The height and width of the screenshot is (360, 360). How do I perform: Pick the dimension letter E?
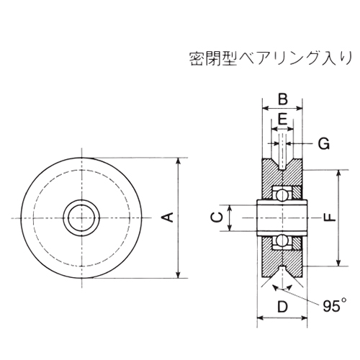pos(283,118)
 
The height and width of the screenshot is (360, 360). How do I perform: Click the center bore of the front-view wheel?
pos(81,217)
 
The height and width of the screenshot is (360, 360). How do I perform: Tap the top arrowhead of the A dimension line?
pos(178,161)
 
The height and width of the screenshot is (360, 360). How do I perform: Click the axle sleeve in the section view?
pos(283,217)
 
